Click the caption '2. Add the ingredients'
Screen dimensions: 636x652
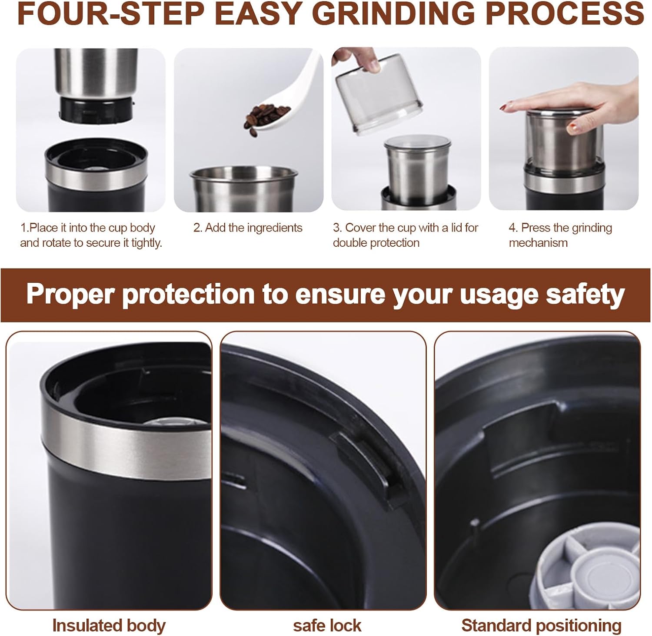point(248,228)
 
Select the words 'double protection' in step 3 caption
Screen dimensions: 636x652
point(376,243)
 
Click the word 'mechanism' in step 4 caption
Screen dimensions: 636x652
point(538,243)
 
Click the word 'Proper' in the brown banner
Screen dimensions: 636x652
point(72,294)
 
